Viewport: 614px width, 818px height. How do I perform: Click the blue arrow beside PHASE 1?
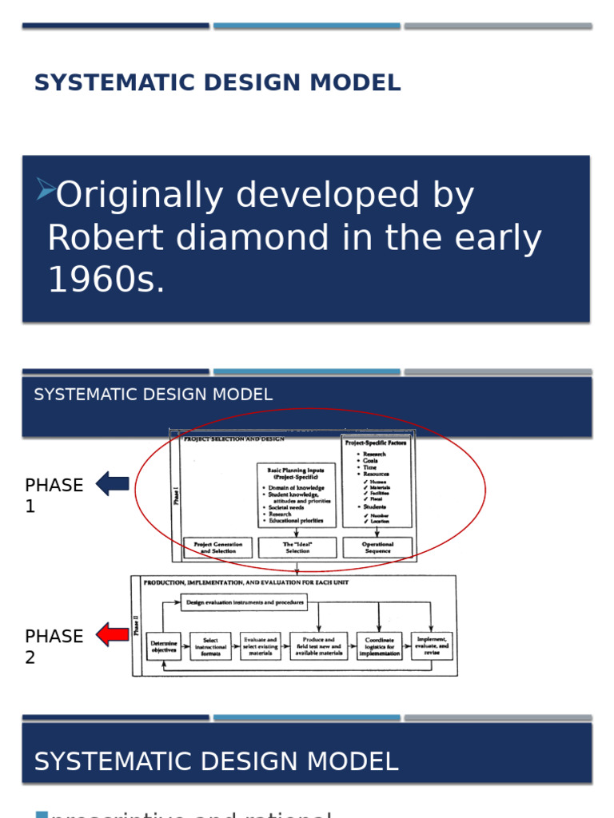(113, 483)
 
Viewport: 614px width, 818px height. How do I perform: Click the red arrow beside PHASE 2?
(113, 635)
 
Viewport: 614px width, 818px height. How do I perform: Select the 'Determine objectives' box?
(164, 646)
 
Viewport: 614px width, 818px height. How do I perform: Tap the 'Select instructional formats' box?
(210, 646)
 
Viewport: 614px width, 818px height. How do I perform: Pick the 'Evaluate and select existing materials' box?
(261, 646)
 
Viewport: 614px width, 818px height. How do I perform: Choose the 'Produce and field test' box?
(318, 646)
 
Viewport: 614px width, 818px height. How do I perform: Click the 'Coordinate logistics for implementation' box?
(379, 646)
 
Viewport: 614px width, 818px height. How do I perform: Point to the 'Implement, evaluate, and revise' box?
(432, 645)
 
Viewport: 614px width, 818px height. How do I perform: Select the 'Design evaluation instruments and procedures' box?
(244, 602)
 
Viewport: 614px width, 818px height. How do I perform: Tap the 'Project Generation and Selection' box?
(218, 547)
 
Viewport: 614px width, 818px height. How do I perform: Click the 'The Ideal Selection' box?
(297, 547)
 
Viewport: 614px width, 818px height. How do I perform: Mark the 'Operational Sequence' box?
(377, 547)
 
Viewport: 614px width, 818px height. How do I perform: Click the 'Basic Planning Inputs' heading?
(297, 473)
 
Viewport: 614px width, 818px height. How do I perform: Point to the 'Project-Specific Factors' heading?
(376, 442)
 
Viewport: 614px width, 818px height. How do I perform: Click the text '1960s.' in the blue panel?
(106, 280)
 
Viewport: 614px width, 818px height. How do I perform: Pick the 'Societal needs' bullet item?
(286, 507)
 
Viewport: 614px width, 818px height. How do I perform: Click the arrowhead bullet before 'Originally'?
(46, 189)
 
